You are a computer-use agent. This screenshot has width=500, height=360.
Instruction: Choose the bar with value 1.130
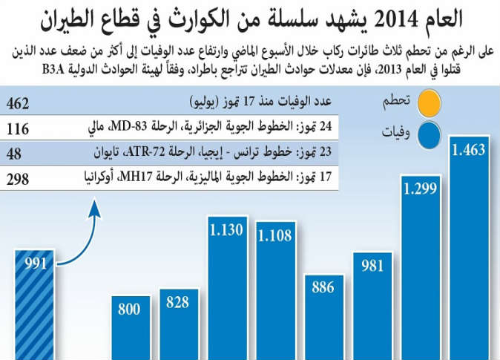tap(227, 289)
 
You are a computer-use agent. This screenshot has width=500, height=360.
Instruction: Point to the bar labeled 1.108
tap(276, 293)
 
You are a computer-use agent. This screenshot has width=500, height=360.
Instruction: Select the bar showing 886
tap(324, 319)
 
